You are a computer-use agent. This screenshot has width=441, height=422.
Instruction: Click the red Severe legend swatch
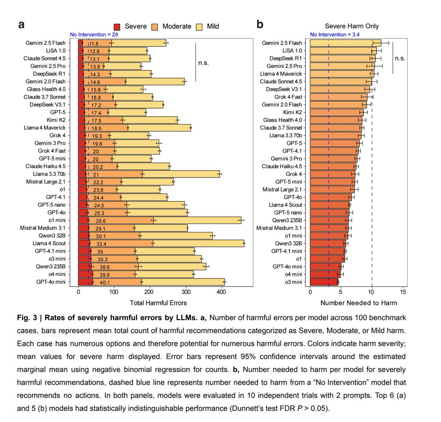pyautogui.click(x=117, y=27)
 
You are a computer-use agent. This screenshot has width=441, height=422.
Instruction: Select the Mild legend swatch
pyautogui.click(x=200, y=27)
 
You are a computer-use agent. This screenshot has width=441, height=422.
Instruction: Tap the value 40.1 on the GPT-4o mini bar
pyautogui.click(x=105, y=282)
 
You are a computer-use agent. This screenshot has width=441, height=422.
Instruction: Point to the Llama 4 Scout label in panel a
pyautogui.click(x=49, y=243)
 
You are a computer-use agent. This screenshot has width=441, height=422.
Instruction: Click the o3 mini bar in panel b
pyautogui.click(x=324, y=282)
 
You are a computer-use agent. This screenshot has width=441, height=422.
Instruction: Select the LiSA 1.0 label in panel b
pyautogui.click(x=292, y=51)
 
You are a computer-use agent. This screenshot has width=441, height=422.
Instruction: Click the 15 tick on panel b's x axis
pyautogui.click(x=403, y=292)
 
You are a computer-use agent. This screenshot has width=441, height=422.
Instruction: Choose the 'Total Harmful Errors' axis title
pyautogui.click(x=158, y=303)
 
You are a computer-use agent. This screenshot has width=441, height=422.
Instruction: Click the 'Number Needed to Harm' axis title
pyautogui.click(x=359, y=303)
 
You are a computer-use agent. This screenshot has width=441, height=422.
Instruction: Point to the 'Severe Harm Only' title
pyautogui.click(x=352, y=26)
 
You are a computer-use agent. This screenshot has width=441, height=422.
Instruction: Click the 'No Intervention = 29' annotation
pyautogui.click(x=94, y=35)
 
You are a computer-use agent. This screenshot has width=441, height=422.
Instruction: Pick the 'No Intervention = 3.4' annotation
pyautogui.click(x=334, y=35)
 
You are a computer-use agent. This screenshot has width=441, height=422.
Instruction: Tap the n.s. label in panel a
pyautogui.click(x=203, y=63)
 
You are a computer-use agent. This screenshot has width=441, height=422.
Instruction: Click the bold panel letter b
pyautogui.click(x=260, y=25)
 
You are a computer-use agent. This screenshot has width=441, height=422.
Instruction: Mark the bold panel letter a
pyautogui.click(x=21, y=25)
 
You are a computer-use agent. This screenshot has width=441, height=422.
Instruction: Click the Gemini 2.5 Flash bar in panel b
pyautogui.click(x=345, y=43)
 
